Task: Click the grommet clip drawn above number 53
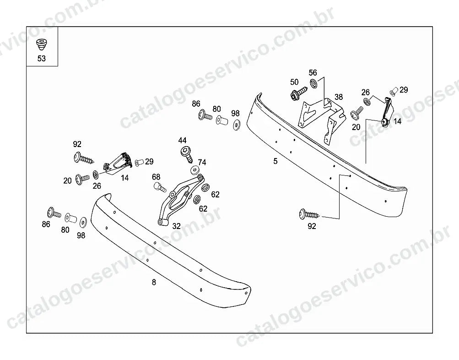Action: [42, 44]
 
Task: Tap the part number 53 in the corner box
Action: [42, 59]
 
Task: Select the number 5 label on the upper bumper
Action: [275, 161]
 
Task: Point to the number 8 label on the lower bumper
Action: [154, 282]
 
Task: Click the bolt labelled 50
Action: [298, 93]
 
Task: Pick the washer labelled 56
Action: [313, 83]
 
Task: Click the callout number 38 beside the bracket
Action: [339, 97]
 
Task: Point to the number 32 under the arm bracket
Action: [177, 226]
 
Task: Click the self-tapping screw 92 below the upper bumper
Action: [309, 214]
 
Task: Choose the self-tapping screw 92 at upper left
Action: [84, 158]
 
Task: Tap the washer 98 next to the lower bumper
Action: [83, 222]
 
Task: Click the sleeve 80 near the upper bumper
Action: [222, 120]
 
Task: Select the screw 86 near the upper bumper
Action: [205, 115]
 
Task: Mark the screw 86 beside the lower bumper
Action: [54, 213]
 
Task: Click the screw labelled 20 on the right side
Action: [357, 113]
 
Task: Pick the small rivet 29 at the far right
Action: [394, 92]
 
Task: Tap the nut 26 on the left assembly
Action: [96, 175]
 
